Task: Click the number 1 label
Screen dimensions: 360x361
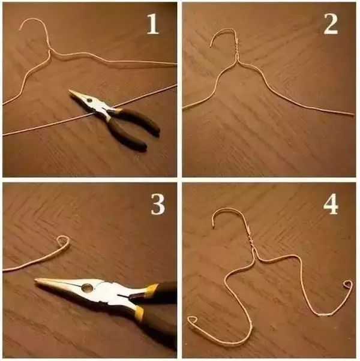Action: click(153, 24)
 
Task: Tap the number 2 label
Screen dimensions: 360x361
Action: click(331, 24)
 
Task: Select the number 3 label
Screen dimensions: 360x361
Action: click(158, 204)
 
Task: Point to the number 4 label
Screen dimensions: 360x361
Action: click(331, 204)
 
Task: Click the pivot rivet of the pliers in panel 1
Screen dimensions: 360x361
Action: click(89, 100)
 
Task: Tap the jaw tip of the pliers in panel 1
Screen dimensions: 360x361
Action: click(70, 91)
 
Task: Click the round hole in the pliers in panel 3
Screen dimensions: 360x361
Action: click(88, 287)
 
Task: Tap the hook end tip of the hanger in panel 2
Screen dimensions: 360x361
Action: click(211, 46)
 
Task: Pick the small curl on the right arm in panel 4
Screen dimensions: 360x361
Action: click(348, 285)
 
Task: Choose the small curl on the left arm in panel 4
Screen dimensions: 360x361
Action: click(193, 320)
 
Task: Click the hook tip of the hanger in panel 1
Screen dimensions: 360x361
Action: click(20, 30)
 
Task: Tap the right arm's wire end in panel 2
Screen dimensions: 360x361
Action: click(353, 114)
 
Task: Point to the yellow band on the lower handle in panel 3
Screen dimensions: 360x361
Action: click(139, 313)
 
